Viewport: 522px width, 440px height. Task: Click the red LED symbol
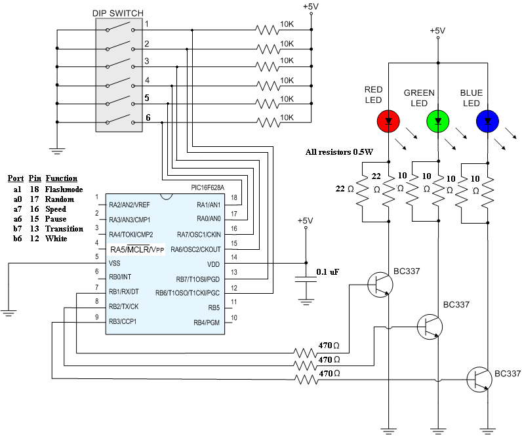pyautogui.click(x=388, y=121)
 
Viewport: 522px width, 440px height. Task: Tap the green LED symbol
pyautogui.click(x=438, y=121)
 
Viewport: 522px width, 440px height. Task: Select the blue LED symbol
pyautogui.click(x=487, y=121)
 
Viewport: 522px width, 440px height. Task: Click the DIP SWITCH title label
pyautogui.click(x=118, y=13)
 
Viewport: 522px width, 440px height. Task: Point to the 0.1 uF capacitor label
pyautogui.click(x=328, y=272)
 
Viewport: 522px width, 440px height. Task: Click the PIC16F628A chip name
pyautogui.click(x=208, y=188)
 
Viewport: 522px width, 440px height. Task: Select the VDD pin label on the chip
pyautogui.click(x=213, y=264)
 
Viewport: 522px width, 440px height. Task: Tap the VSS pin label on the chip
pyautogui.click(x=115, y=263)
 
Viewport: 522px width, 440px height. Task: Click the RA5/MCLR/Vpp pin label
pyautogui.click(x=137, y=250)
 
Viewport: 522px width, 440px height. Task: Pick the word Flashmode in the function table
pyautogui.click(x=64, y=190)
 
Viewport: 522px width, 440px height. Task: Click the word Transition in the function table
pyautogui.click(x=64, y=229)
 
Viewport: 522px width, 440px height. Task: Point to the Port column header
pyautogui.click(x=16, y=178)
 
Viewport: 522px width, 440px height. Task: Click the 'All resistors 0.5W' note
pyautogui.click(x=339, y=152)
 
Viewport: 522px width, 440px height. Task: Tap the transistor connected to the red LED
pyautogui.click(x=380, y=285)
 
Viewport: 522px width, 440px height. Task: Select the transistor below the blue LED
pyautogui.click(x=479, y=380)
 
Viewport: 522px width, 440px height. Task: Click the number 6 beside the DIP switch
pyautogui.click(x=148, y=117)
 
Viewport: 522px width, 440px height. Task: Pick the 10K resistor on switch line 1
pyautogui.click(x=268, y=30)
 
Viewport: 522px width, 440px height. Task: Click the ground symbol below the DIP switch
pyautogui.click(x=57, y=151)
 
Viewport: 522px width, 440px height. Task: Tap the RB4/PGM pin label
pyautogui.click(x=207, y=323)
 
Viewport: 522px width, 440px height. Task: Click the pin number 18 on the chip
pyautogui.click(x=234, y=197)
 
